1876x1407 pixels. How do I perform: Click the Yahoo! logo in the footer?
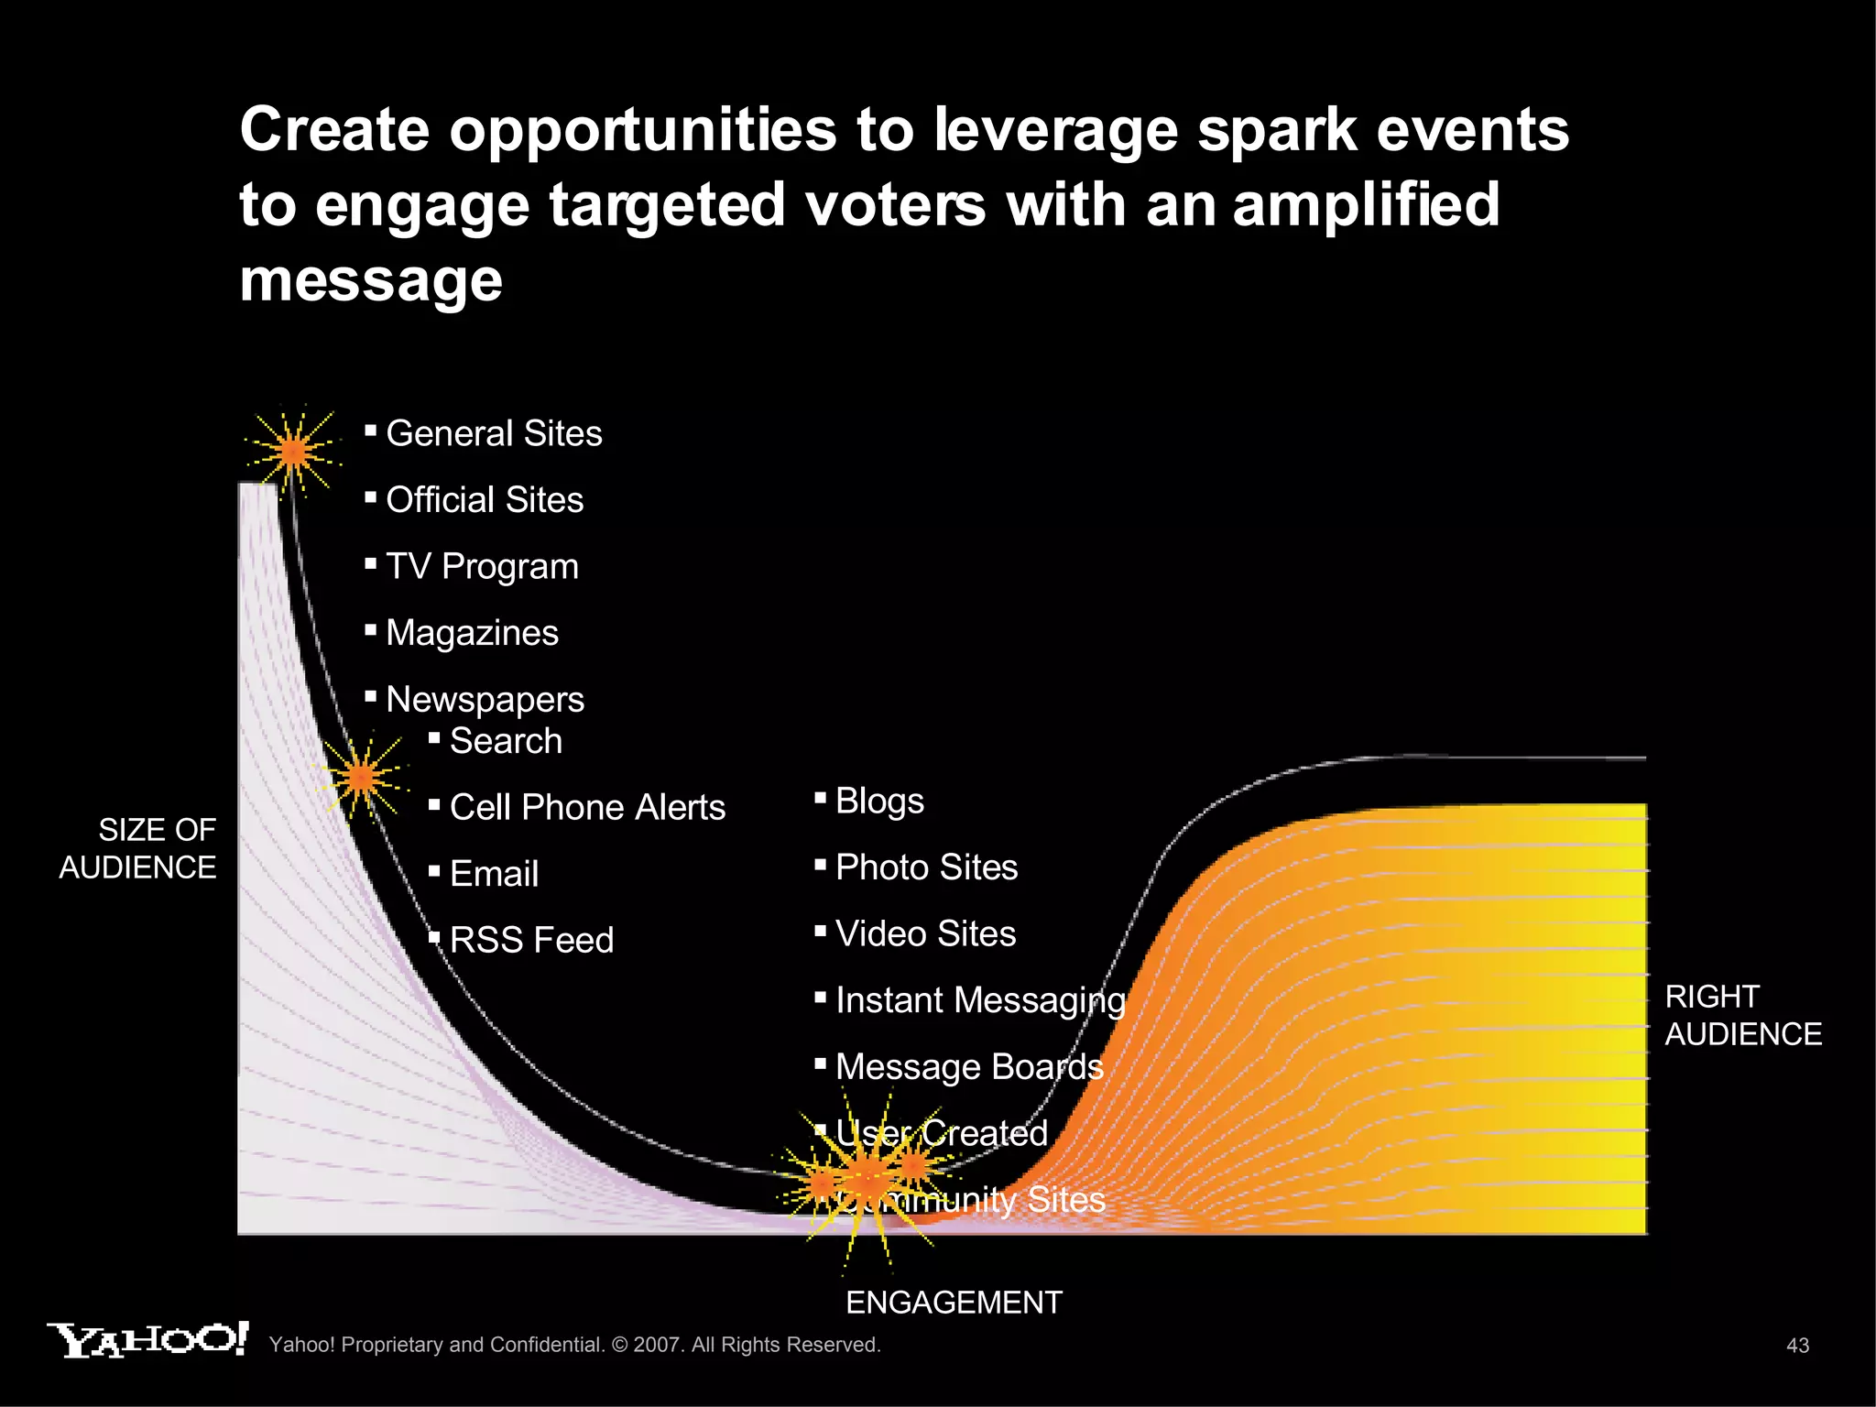tap(147, 1340)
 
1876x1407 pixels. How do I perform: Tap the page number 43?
tap(1797, 1346)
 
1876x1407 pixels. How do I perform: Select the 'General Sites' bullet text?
tap(494, 433)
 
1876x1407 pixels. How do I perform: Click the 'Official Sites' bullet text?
tap(485, 500)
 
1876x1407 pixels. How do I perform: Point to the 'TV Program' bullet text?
tap(482, 567)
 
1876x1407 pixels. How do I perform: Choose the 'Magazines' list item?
tap(472, 633)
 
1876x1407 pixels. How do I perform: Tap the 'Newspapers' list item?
tap(485, 700)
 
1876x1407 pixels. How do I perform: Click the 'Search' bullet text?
tap(506, 741)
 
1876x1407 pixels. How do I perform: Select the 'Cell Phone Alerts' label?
tap(587, 808)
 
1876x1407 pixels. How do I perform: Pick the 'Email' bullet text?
tap(494, 874)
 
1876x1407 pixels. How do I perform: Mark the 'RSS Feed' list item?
tap(531, 941)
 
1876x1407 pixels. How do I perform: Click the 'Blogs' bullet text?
tap(879, 802)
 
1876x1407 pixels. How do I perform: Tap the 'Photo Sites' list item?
tap(926, 867)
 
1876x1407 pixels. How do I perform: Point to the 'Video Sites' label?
tap(925, 934)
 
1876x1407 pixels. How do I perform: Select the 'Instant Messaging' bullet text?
tap(980, 1001)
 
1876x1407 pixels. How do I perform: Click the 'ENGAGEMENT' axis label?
tap(954, 1303)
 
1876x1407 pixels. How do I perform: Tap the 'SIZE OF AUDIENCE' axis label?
tap(138, 848)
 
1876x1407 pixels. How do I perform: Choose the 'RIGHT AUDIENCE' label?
tap(1742, 1015)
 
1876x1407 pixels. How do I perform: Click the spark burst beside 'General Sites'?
tap(293, 452)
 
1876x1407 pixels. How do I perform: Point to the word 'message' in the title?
tap(371, 279)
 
